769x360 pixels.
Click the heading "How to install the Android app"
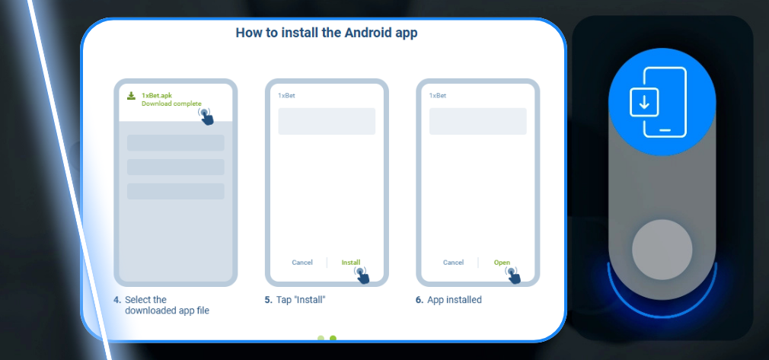pyautogui.click(x=327, y=33)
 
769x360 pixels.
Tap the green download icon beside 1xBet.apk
pyautogui.click(x=132, y=96)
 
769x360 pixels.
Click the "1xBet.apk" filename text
pyautogui.click(x=156, y=96)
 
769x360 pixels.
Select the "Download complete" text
pyautogui.click(x=171, y=104)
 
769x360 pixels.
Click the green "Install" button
pyautogui.click(x=351, y=263)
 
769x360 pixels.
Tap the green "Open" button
pyautogui.click(x=502, y=263)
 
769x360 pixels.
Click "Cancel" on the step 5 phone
pyautogui.click(x=302, y=263)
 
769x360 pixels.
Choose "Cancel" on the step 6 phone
pyautogui.click(x=453, y=263)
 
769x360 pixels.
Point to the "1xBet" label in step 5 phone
pyautogui.click(x=286, y=96)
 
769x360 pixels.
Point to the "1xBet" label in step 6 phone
pyautogui.click(x=438, y=96)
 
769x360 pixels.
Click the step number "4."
pyautogui.click(x=117, y=300)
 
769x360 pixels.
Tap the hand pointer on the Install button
pyautogui.click(x=362, y=275)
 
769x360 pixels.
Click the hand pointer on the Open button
pyautogui.click(x=513, y=275)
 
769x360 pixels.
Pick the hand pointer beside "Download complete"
pyautogui.click(x=206, y=116)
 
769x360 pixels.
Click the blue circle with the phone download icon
pyautogui.click(x=662, y=101)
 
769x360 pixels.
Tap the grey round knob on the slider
pyautogui.click(x=662, y=250)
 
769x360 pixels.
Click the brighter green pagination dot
pyautogui.click(x=333, y=338)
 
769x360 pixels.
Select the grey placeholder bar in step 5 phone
pyautogui.click(x=327, y=121)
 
